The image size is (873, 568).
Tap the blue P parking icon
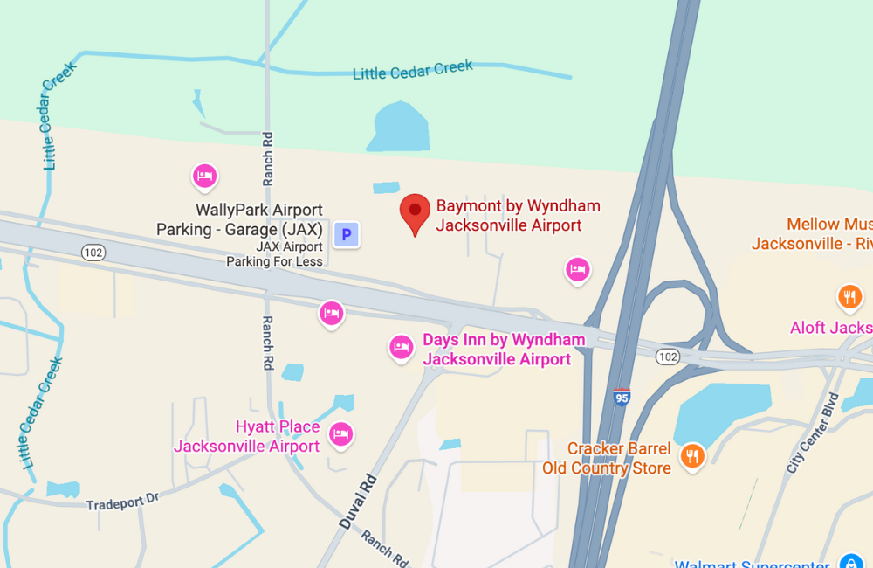tap(347, 234)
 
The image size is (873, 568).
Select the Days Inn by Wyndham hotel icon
tap(401, 348)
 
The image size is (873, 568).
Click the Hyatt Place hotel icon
tap(340, 433)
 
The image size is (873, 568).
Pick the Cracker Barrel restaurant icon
tap(692, 455)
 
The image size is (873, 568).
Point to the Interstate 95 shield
tap(622, 398)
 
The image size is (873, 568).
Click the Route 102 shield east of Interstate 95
tap(668, 356)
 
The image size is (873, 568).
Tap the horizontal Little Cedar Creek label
tap(413, 70)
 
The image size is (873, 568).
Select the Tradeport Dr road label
tap(122, 502)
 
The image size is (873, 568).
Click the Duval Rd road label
tap(358, 502)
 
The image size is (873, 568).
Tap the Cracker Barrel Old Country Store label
tap(607, 458)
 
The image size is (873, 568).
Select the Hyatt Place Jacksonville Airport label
tap(247, 437)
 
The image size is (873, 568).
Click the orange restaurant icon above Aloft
tap(849, 298)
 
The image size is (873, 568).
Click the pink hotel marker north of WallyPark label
tap(203, 177)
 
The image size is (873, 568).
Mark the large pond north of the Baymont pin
tap(400, 128)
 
